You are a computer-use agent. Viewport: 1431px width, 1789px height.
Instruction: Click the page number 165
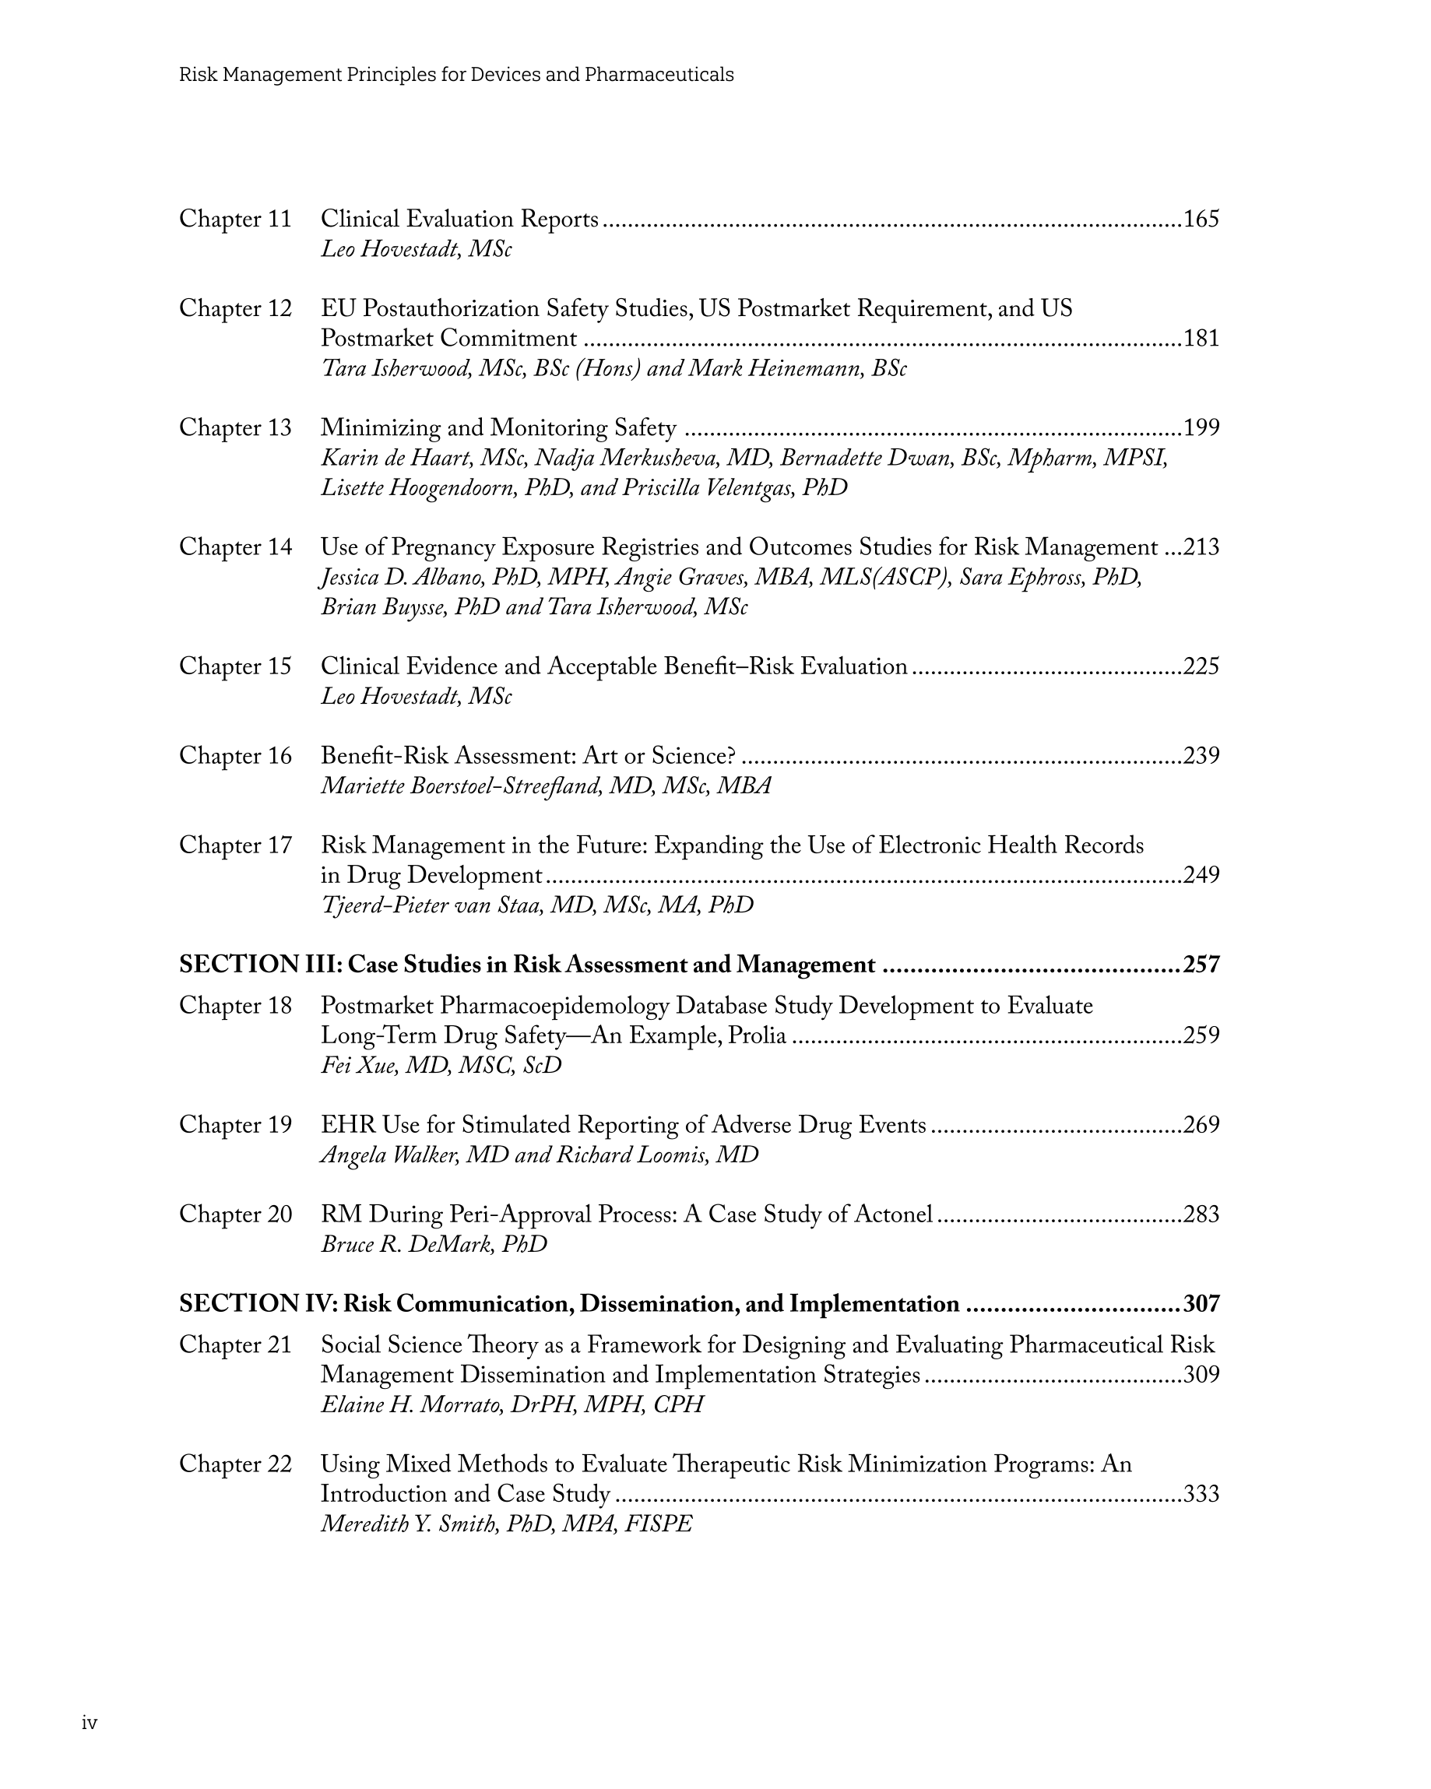[x=1201, y=219]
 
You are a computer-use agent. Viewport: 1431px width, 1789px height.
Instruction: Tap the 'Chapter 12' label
[x=236, y=309]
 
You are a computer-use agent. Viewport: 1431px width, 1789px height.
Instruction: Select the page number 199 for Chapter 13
[x=1201, y=428]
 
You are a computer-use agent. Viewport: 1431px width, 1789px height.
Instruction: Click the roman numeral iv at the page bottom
[x=90, y=1724]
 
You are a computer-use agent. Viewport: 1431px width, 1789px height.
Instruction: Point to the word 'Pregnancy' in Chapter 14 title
[x=444, y=547]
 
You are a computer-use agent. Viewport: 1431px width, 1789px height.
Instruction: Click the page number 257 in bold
[x=1201, y=965]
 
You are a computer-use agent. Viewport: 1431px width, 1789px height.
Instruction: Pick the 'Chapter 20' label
[x=236, y=1214]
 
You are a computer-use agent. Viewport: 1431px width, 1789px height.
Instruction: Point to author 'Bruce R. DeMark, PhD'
[x=434, y=1244]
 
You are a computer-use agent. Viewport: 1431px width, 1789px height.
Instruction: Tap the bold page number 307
[x=1201, y=1303]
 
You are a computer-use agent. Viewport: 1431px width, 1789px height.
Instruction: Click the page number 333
[x=1201, y=1494]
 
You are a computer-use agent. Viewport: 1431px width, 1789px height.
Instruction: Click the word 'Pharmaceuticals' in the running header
[x=659, y=75]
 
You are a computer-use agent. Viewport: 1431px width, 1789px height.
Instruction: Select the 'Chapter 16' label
[x=236, y=756]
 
